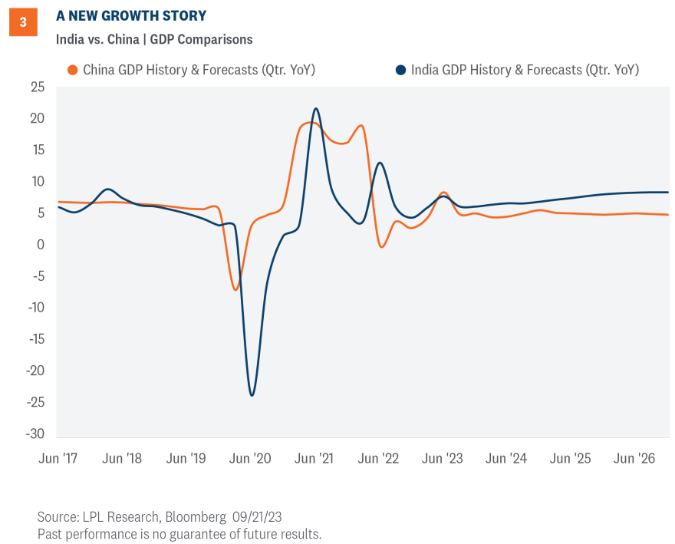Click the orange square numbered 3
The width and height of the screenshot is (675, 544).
[x=22, y=23]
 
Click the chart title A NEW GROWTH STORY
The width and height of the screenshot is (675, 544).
[x=131, y=16]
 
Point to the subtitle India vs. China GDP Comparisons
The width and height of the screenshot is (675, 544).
[x=154, y=39]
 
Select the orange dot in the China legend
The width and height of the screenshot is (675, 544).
[x=73, y=70]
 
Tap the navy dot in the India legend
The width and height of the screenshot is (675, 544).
[x=400, y=70]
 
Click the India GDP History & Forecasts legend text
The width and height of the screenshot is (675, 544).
[x=525, y=70]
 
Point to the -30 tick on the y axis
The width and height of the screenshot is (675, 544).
[x=35, y=434]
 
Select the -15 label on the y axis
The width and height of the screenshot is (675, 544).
[x=35, y=339]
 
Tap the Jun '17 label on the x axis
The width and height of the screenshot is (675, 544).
[x=58, y=459]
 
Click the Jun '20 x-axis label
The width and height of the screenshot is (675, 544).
[x=250, y=459]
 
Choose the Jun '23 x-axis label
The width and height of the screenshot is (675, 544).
[x=443, y=459]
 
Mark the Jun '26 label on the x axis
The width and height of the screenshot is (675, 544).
[x=634, y=459]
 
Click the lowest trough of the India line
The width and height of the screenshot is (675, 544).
[x=252, y=395]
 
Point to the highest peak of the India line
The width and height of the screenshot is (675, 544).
[x=315, y=108]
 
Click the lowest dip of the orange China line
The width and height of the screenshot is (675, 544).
[x=235, y=289]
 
